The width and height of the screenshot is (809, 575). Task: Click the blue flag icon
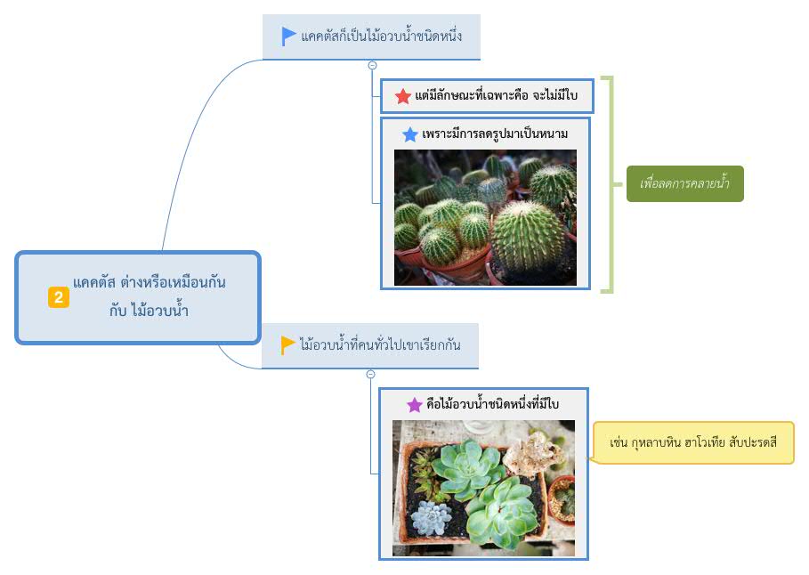pyautogui.click(x=287, y=36)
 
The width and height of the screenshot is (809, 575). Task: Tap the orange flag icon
pyautogui.click(x=287, y=344)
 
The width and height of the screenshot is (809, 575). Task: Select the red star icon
pyautogui.click(x=403, y=96)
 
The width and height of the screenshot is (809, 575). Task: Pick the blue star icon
pyautogui.click(x=410, y=134)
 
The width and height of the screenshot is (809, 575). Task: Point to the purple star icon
pyautogui.click(x=415, y=405)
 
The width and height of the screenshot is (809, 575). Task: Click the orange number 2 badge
pyautogui.click(x=59, y=297)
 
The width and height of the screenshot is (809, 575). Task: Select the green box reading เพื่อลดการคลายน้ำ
pyautogui.click(x=684, y=183)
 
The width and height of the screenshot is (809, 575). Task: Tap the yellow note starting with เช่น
pyautogui.click(x=693, y=443)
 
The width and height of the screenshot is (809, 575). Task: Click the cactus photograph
pyautogui.click(x=486, y=217)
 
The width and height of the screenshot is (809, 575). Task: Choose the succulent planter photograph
pyautogui.click(x=483, y=488)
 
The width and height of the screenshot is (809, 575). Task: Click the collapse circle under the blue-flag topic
pyautogui.click(x=373, y=66)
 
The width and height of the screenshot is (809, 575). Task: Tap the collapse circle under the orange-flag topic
pyautogui.click(x=370, y=374)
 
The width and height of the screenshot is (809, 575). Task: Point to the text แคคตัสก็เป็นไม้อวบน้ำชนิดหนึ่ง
pyautogui.click(x=381, y=36)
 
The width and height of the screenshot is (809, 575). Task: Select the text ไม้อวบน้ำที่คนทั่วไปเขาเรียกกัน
pyautogui.click(x=380, y=344)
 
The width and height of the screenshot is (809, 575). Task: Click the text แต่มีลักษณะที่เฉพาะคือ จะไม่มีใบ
pyautogui.click(x=496, y=95)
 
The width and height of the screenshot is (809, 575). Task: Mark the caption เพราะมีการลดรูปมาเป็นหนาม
pyautogui.click(x=495, y=134)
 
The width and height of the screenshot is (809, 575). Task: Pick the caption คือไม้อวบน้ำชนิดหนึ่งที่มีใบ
pyautogui.click(x=493, y=403)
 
